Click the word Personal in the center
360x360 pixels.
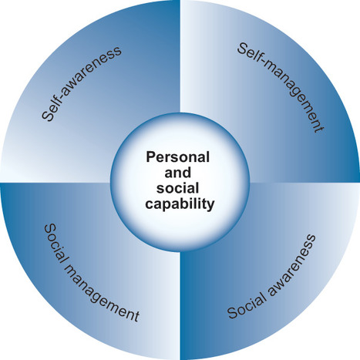tap(178, 156)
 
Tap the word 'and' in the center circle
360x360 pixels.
tap(178, 173)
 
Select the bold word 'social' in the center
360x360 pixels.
tap(178, 188)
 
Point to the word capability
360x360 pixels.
tap(180, 204)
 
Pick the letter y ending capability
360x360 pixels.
tap(210, 206)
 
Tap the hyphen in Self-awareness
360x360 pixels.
tap(62, 93)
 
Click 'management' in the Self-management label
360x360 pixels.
tap(294, 98)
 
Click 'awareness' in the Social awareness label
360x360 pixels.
tap(293, 264)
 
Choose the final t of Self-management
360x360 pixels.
tap(318, 129)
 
